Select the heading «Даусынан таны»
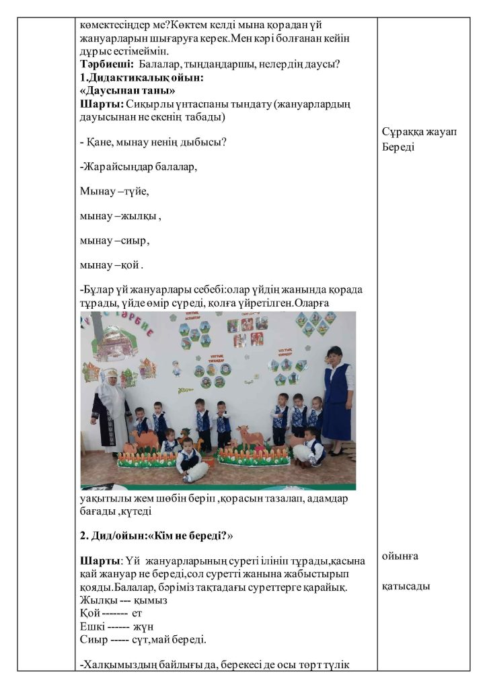(x=127, y=90)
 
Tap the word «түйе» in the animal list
(x=137, y=192)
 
